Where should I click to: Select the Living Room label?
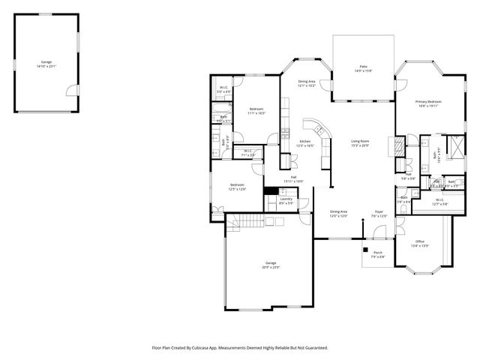coord(360,142)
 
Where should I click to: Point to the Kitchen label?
coord(304,143)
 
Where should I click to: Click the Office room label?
coord(420,243)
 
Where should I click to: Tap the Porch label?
coord(378,254)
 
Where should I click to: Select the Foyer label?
coord(379,212)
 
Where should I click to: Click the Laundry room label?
coord(286,200)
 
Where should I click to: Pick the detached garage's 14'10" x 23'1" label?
coord(46,64)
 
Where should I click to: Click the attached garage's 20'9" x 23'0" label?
coord(270,265)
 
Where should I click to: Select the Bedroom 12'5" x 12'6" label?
coord(237,186)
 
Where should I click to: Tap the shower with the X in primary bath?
coord(454,143)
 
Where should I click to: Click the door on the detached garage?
coord(70,91)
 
